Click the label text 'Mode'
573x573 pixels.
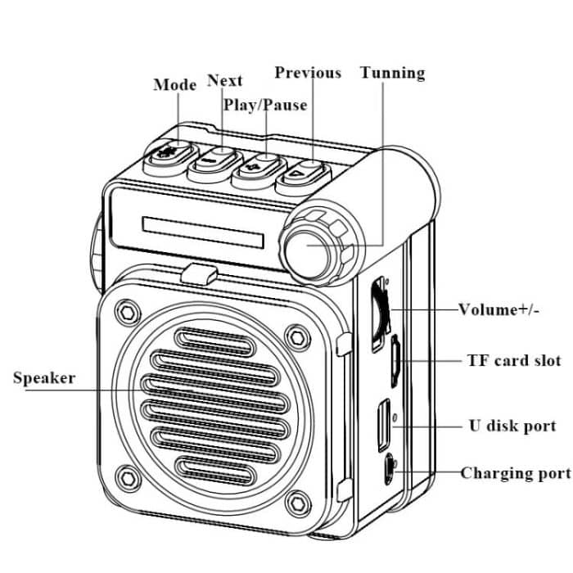tap(174, 85)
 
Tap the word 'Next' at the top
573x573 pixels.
tap(224, 80)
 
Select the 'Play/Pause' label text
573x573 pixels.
tap(265, 105)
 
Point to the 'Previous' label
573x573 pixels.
tap(308, 73)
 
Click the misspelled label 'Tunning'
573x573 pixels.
tap(393, 73)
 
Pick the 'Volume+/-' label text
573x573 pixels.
tap(499, 309)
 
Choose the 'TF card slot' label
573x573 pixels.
tap(514, 360)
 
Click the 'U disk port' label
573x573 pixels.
tap(512, 426)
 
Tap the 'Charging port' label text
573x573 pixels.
tap(515, 473)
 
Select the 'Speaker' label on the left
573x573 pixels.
tap(44, 377)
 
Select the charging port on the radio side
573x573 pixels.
tap(389, 470)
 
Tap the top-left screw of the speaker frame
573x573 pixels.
tap(126, 310)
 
